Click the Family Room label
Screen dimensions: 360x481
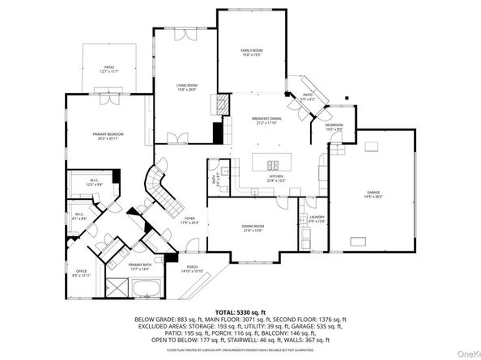point(251,53)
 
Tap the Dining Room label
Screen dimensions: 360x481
point(253,228)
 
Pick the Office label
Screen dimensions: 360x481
point(81,273)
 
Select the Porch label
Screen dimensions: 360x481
point(193,269)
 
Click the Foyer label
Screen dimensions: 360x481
point(189,220)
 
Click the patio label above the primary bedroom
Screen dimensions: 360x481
point(109,70)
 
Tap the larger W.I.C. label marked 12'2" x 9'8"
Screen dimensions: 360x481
point(94,184)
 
